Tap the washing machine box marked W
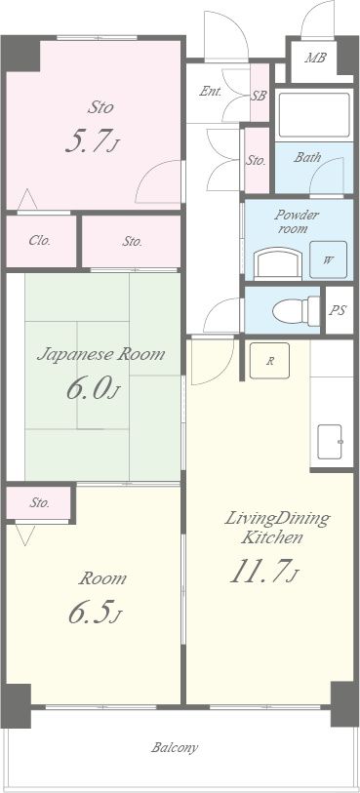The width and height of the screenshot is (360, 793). pyautogui.click(x=328, y=260)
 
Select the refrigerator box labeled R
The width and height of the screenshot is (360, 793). pyautogui.click(x=270, y=361)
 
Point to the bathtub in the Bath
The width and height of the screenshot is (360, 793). pyautogui.click(x=313, y=115)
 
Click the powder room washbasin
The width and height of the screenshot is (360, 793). pyautogui.click(x=277, y=264)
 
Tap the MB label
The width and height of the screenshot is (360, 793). pyautogui.click(x=314, y=58)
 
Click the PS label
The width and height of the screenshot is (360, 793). pyautogui.click(x=338, y=310)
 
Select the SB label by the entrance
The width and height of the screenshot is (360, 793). pyautogui.click(x=259, y=96)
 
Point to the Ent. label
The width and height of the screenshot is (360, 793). pyautogui.click(x=211, y=92)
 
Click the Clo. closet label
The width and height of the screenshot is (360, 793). pyautogui.click(x=39, y=241)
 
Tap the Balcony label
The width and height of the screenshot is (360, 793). pyautogui.click(x=175, y=747)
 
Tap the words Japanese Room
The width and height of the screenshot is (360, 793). pyautogui.click(x=101, y=354)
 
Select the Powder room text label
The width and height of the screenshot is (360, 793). pyautogui.click(x=297, y=221)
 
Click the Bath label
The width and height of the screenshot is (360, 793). pyautogui.click(x=307, y=157)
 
